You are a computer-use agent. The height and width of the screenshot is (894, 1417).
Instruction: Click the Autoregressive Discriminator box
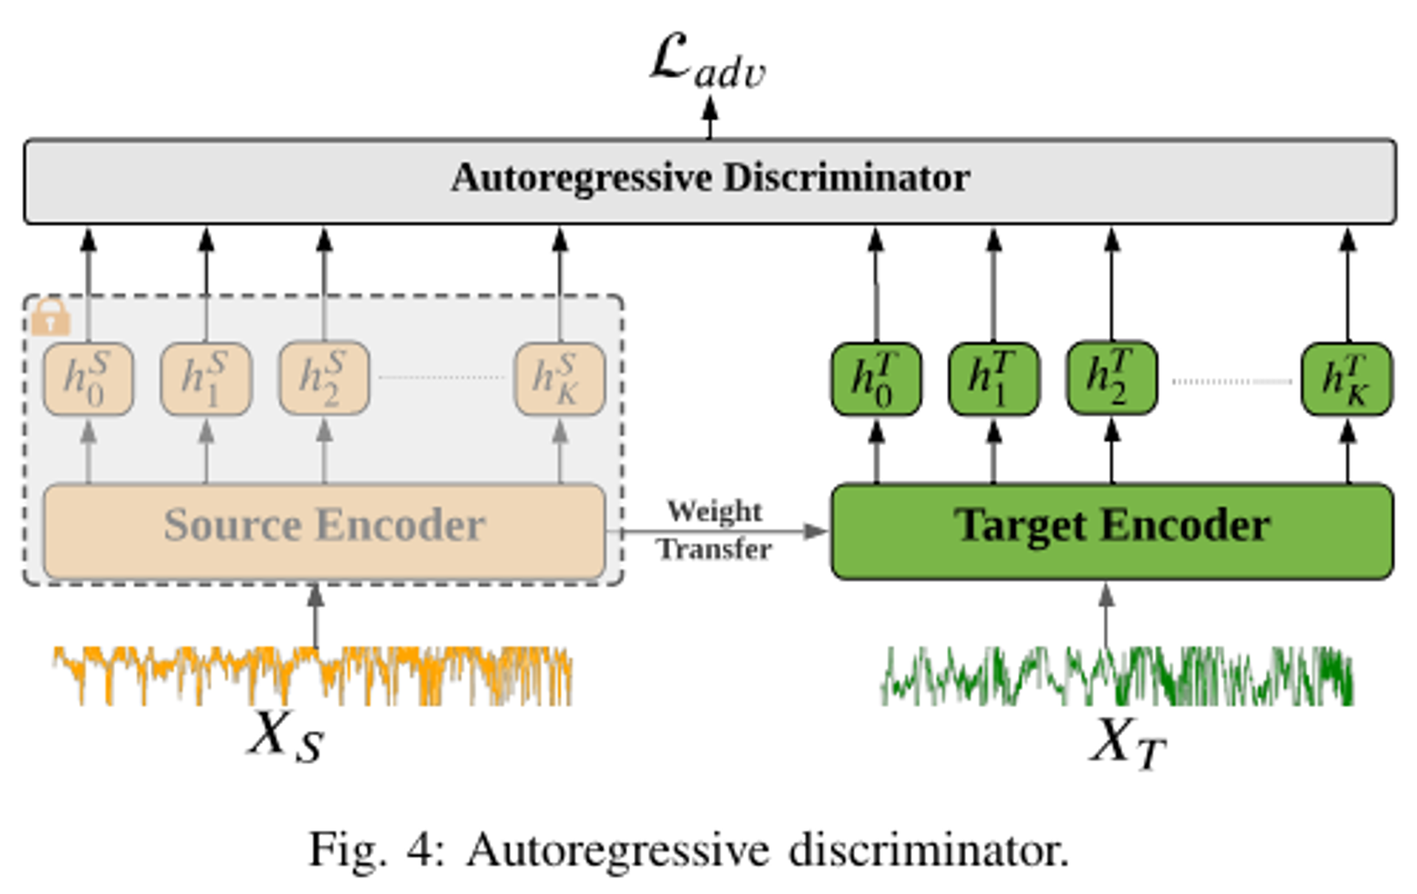710,180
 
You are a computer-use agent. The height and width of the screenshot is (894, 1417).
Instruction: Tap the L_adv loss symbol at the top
707,63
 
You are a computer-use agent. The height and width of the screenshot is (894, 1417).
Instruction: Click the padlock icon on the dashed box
50,317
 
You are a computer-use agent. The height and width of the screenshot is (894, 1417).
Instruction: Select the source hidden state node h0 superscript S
88,378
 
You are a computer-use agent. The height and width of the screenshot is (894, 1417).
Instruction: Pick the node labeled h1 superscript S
206,378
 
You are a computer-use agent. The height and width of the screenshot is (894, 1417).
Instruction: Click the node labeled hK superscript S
559,378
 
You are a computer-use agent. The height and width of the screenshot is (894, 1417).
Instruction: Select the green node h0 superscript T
876,379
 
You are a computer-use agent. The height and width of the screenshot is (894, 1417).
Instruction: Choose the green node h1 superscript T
993,379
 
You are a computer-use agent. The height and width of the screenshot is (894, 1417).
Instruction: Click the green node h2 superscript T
1111,378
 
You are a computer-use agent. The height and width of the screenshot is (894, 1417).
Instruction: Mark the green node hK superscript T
1347,379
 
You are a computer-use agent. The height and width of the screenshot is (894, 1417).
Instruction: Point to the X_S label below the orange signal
285,737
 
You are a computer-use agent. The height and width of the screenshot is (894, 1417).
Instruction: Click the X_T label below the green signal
1128,742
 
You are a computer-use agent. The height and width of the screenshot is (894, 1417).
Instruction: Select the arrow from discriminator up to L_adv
710,118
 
